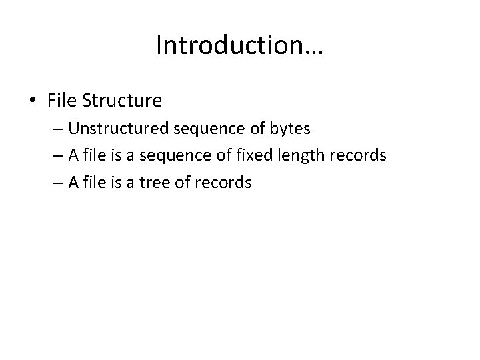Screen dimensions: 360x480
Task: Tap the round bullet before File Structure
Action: point(33,101)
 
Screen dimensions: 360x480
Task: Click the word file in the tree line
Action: point(103,183)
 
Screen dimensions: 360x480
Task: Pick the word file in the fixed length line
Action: point(103,156)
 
